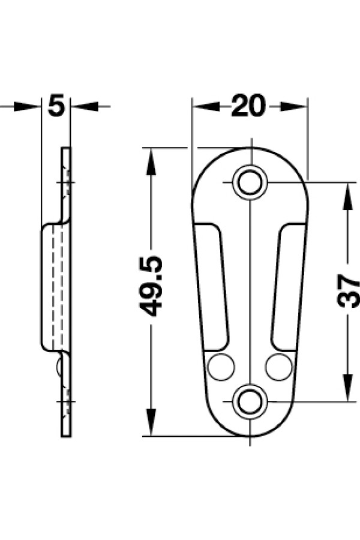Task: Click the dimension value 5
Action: click(56, 106)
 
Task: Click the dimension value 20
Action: click(249, 106)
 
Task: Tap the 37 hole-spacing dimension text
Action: click(348, 291)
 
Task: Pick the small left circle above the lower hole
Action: click(221, 367)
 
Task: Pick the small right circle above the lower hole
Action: click(278, 367)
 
